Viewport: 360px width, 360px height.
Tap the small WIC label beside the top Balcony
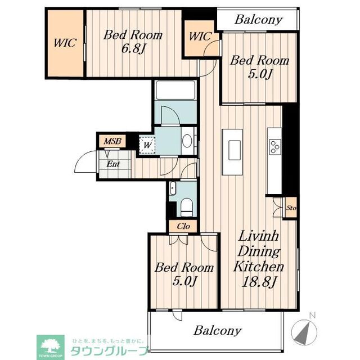(x=200, y=37)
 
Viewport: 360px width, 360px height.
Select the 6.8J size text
(x=133, y=48)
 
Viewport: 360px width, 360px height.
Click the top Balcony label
(x=258, y=20)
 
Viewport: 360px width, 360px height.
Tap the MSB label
(x=111, y=141)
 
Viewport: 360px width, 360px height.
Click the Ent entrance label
(x=113, y=164)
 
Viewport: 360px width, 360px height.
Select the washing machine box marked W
(x=147, y=145)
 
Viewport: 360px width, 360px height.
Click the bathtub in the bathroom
(x=175, y=91)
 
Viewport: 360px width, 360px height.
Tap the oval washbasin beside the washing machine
(x=188, y=140)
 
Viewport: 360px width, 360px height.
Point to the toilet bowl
(x=187, y=206)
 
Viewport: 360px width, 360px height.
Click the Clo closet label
(x=183, y=227)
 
